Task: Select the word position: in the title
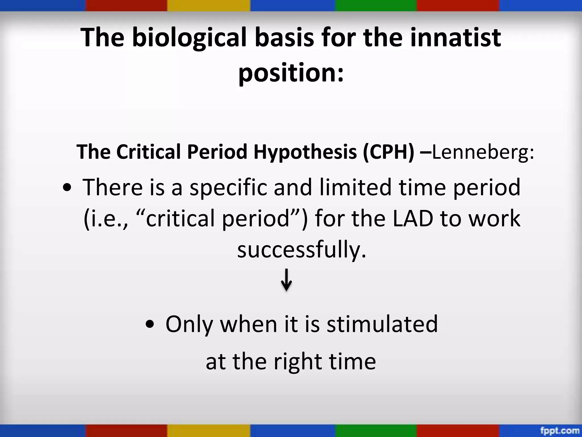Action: (x=291, y=73)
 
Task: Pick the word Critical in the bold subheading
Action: (x=148, y=152)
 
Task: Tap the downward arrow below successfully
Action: (x=286, y=280)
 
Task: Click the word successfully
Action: (x=302, y=250)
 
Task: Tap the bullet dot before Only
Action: (x=150, y=325)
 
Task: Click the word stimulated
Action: (x=382, y=324)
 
